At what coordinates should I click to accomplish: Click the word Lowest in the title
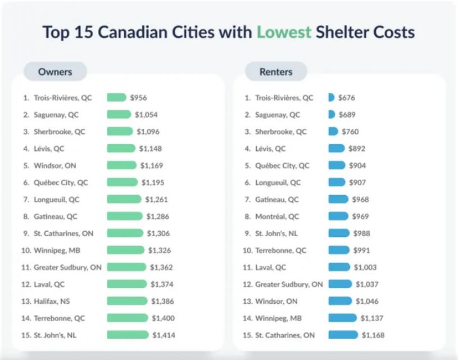pyautogui.click(x=284, y=31)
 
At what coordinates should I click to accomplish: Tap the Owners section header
pyautogui.click(x=55, y=72)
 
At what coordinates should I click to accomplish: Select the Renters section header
pyautogui.click(x=276, y=72)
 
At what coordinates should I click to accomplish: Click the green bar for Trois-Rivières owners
pyautogui.click(x=116, y=98)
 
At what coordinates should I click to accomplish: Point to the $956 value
pyautogui.click(x=138, y=98)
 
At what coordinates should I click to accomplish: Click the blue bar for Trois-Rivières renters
pyautogui.click(x=332, y=98)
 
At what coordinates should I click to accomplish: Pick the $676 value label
pyautogui.click(x=347, y=98)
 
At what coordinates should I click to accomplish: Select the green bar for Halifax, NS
pyautogui.click(x=127, y=301)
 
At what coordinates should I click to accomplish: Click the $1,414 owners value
pyautogui.click(x=164, y=335)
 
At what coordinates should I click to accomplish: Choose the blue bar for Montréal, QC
pyautogui.click(x=338, y=217)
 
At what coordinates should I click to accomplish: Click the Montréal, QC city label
pyautogui.click(x=277, y=217)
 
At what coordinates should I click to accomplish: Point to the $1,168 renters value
pyautogui.click(x=373, y=335)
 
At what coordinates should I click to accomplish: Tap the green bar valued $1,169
pyautogui.click(x=121, y=165)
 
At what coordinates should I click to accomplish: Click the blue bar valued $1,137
pyautogui.click(x=342, y=318)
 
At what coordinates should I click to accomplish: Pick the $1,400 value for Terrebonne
pyautogui.click(x=163, y=318)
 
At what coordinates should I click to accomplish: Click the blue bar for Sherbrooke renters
pyautogui.click(x=333, y=132)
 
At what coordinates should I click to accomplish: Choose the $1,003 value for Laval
pyautogui.click(x=365, y=267)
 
